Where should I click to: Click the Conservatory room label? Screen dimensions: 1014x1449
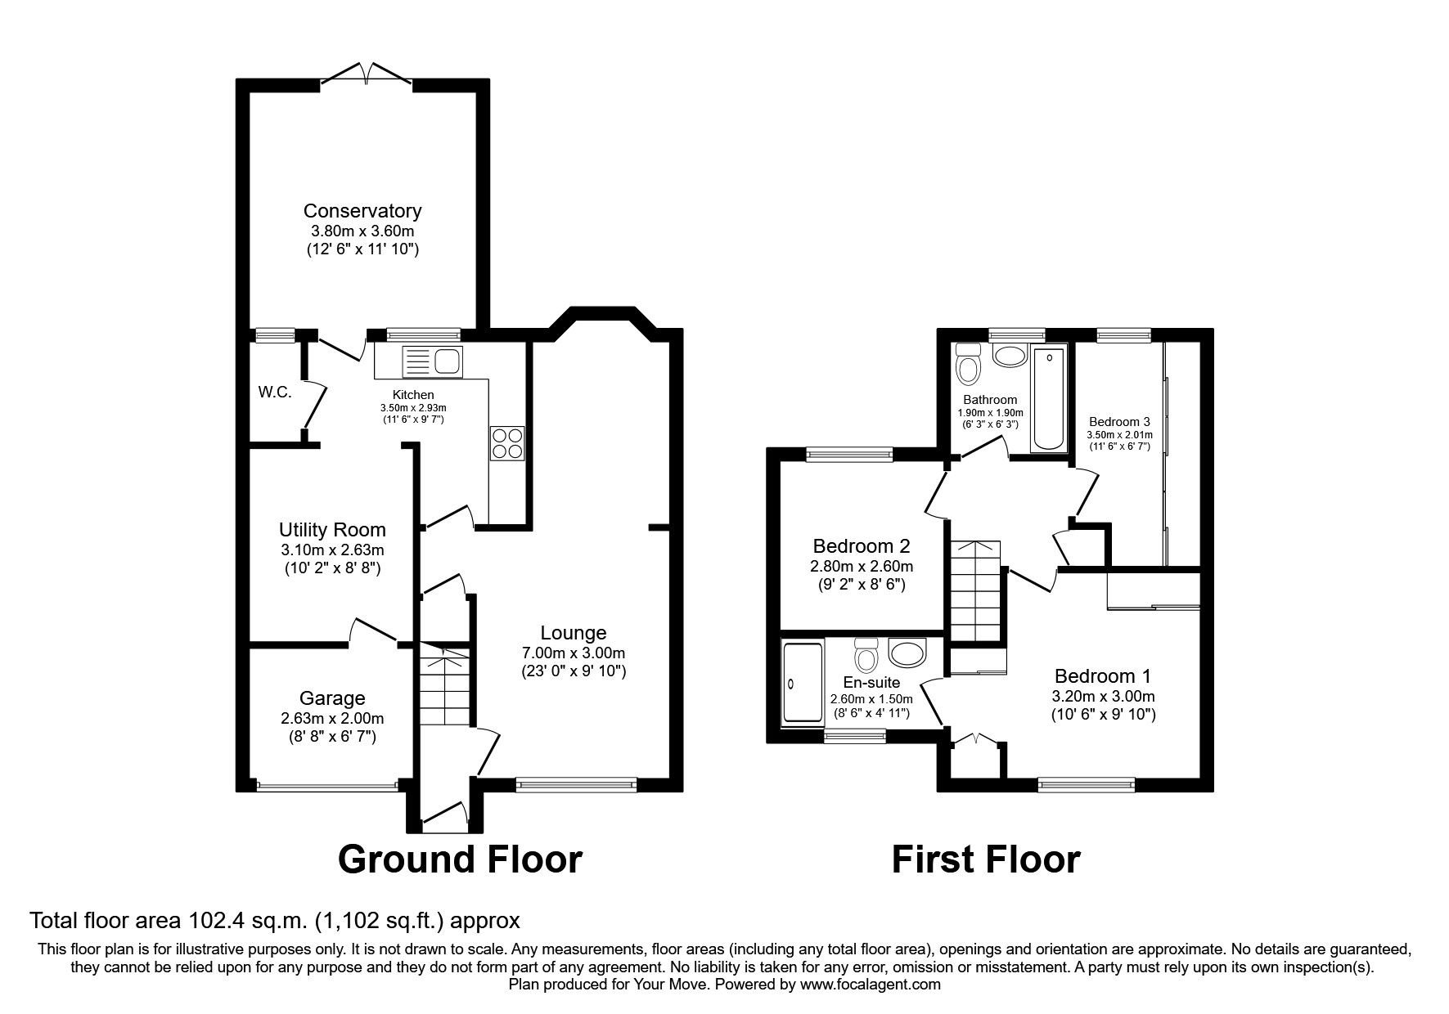362,211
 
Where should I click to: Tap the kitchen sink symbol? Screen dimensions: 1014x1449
434,361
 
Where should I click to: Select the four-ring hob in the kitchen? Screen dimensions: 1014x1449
507,443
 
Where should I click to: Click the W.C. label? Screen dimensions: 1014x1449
275,392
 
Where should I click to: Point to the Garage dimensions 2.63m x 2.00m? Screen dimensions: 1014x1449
331,719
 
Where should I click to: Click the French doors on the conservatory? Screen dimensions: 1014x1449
366,73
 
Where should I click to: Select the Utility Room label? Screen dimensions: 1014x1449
331,529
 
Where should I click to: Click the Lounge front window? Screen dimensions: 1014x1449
576,784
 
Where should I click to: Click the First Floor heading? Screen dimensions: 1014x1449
985,859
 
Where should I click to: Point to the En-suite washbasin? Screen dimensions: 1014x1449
906,653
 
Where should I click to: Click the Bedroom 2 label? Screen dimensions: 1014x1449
861,545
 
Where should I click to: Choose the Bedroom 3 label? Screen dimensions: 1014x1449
1118,422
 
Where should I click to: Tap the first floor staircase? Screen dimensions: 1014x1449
975,590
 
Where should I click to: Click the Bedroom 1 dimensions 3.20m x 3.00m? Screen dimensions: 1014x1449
1102,697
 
